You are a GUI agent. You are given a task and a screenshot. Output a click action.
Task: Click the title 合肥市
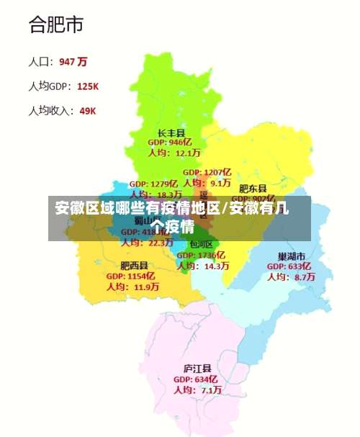55,25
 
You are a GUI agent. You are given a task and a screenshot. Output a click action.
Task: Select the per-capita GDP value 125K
87,86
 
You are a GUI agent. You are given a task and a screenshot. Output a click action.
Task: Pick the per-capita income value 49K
87,111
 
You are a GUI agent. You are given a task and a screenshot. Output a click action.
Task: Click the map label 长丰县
171,132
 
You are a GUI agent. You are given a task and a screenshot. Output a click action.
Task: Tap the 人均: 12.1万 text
175,153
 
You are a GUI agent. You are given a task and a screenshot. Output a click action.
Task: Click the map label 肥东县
253,188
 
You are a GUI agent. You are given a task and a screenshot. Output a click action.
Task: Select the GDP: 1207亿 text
207,173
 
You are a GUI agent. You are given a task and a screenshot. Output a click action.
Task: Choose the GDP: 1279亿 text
153,184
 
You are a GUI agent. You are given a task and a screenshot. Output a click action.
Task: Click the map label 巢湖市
292,256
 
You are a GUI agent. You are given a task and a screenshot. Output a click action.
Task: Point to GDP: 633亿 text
289,266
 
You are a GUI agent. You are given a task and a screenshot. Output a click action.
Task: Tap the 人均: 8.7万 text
291,276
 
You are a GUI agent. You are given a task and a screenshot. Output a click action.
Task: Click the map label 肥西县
134,265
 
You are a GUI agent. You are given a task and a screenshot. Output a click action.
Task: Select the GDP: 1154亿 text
131,276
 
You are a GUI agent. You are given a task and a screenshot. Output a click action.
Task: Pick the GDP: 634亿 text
195,379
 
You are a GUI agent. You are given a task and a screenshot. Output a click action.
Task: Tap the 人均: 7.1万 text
196,390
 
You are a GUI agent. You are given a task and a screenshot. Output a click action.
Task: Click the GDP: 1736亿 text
201,255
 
